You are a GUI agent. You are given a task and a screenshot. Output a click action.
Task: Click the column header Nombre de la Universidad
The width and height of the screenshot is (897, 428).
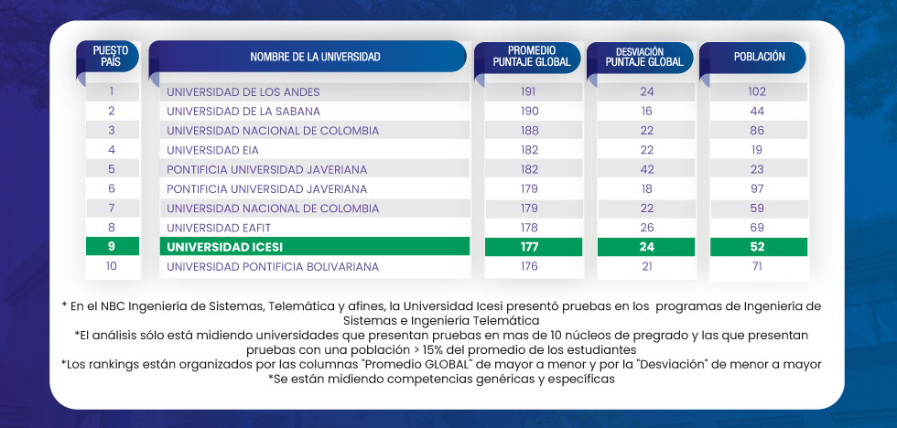(315, 57)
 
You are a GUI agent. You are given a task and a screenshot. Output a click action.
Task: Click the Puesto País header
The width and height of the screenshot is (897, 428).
(111, 57)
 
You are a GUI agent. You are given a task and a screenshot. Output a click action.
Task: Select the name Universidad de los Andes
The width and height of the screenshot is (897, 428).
(243, 91)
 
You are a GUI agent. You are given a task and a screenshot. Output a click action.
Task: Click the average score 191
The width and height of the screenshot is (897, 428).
(529, 91)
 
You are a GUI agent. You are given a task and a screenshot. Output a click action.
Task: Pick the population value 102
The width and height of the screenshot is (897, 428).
(756, 91)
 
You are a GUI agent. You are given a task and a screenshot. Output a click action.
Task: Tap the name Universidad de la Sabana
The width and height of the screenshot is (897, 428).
(243, 111)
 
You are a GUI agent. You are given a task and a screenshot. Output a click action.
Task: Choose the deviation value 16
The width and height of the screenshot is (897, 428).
(647, 111)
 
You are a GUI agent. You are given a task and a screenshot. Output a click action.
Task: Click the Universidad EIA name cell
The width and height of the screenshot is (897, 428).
(212, 150)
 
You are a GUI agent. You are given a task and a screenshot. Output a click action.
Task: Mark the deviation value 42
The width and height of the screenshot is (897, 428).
(647, 169)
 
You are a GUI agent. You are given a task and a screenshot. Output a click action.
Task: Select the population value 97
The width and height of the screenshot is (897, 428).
(756, 188)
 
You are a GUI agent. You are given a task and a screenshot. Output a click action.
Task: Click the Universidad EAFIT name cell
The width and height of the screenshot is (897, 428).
(220, 227)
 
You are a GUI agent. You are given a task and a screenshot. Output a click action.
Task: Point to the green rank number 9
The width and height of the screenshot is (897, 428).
(111, 247)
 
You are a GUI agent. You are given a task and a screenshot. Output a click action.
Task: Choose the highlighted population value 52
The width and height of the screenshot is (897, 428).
(756, 247)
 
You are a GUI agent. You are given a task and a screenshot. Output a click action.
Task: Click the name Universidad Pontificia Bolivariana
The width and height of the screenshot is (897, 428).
(272, 267)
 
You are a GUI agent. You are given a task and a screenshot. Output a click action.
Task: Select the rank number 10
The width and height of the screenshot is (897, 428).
(111, 267)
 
